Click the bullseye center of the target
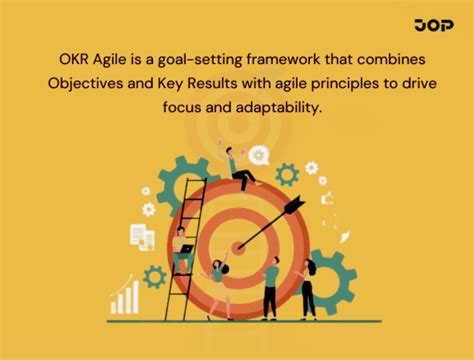(239, 246)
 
